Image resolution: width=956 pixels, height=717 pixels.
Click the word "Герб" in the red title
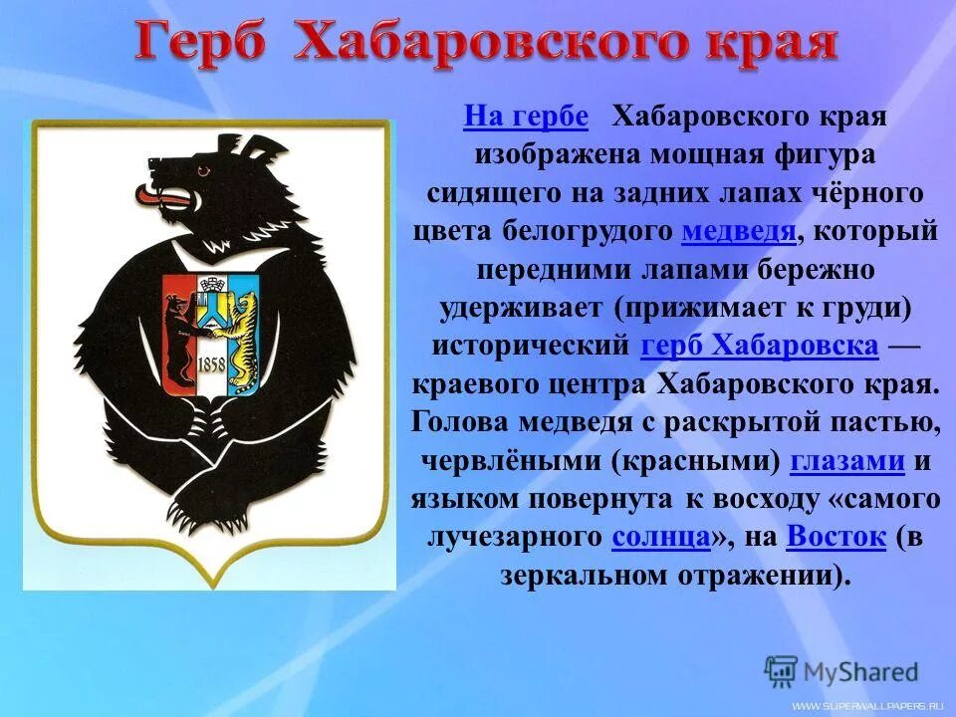(203, 42)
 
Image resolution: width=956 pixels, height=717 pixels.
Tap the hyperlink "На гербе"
(525, 118)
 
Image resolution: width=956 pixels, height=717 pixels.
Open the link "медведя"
(738, 232)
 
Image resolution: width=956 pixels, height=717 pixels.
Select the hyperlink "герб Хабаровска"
(760, 346)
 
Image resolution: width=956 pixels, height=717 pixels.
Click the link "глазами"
(846, 461)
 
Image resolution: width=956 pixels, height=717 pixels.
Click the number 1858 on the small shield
(210, 362)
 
